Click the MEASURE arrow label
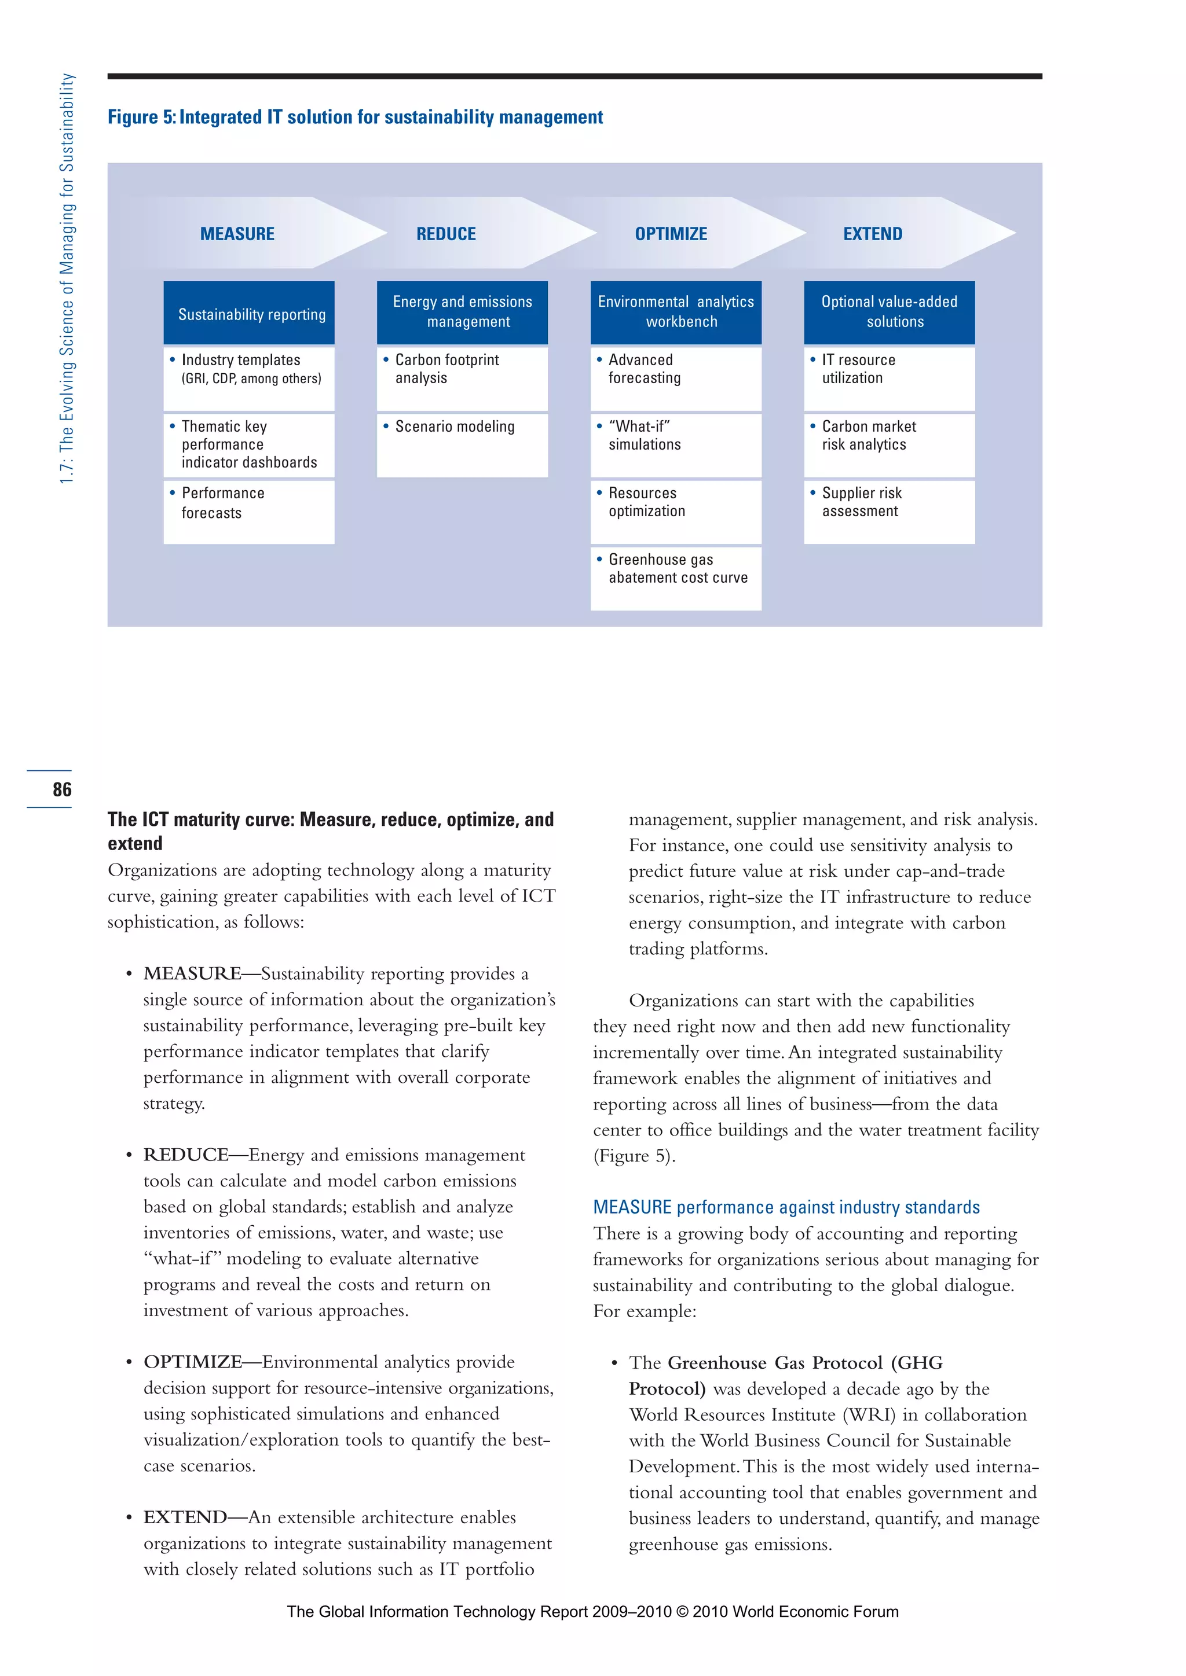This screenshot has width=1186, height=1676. click(237, 234)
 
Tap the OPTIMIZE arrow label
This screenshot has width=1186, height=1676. click(671, 234)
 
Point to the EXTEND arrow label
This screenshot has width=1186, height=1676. click(873, 234)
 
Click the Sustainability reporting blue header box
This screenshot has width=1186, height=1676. click(249, 313)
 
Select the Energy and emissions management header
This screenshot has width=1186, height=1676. click(462, 313)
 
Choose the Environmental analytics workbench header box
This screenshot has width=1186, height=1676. click(676, 313)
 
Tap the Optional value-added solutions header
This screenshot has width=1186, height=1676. click(889, 313)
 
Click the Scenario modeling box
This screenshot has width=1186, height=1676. click(462, 444)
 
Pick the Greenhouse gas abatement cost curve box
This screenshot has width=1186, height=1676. click(676, 578)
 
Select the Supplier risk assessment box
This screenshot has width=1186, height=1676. click(889, 511)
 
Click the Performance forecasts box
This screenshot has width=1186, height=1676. click(249, 511)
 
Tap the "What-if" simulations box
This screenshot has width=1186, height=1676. click(676, 444)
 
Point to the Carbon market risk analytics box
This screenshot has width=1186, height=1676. click(889, 444)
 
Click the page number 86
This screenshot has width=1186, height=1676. click(62, 789)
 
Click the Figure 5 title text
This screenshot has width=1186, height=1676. click(355, 117)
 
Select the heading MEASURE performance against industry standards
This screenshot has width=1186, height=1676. click(786, 1207)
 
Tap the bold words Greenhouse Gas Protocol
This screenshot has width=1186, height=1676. click(775, 1363)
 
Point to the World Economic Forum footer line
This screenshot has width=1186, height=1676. click(592, 1612)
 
